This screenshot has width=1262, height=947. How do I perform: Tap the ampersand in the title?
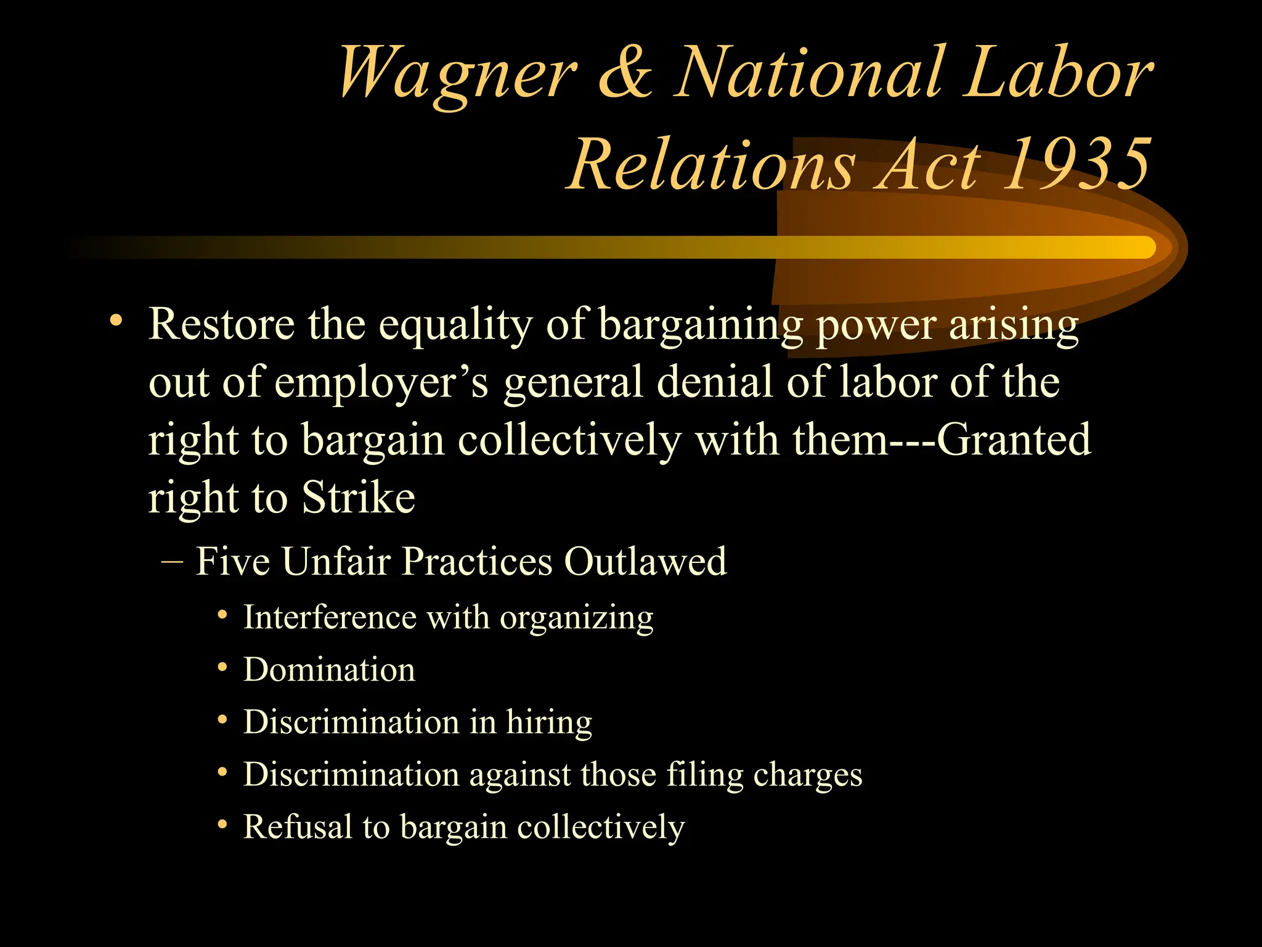pyautogui.click(x=625, y=74)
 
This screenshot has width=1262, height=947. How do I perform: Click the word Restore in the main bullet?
pyautogui.click(x=221, y=324)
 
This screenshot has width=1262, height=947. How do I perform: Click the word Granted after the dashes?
pyautogui.click(x=1014, y=440)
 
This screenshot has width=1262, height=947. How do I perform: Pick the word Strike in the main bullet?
pyautogui.click(x=358, y=498)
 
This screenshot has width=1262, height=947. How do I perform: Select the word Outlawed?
pyautogui.click(x=645, y=562)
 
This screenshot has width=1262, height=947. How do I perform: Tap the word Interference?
pyautogui.click(x=330, y=617)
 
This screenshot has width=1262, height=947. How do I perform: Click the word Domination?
pyautogui.click(x=329, y=670)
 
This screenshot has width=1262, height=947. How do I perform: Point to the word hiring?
pyautogui.click(x=548, y=723)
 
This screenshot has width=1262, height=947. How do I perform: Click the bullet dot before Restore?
pyautogui.click(x=115, y=321)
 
